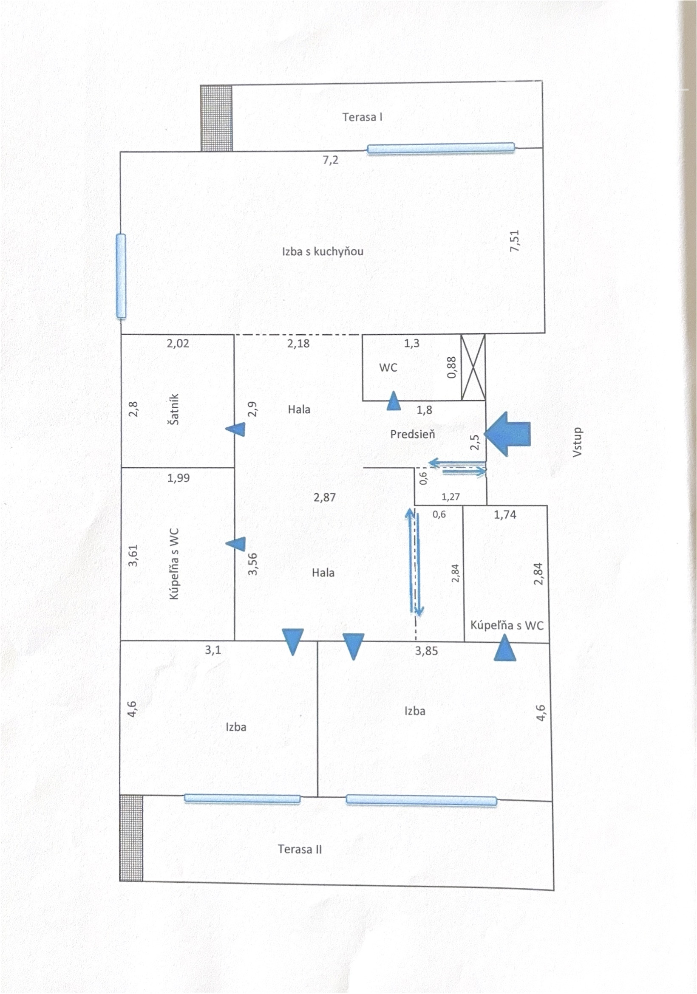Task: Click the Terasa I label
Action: (362, 117)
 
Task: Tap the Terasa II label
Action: (300, 849)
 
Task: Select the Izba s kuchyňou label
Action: (323, 251)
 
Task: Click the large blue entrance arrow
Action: (507, 434)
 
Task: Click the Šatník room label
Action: (174, 409)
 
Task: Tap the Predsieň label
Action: (412, 434)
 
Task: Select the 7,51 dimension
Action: (515, 241)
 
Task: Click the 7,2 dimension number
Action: (330, 160)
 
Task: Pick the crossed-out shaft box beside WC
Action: (473, 367)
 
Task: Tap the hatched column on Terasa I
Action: (216, 118)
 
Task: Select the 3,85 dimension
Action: (426, 651)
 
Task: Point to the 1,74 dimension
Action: (505, 515)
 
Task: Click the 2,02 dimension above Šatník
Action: (178, 344)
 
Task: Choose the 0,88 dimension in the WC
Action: (451, 367)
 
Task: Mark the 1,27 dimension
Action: (450, 497)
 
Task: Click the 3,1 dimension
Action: (212, 650)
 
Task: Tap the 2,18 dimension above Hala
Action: (298, 344)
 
